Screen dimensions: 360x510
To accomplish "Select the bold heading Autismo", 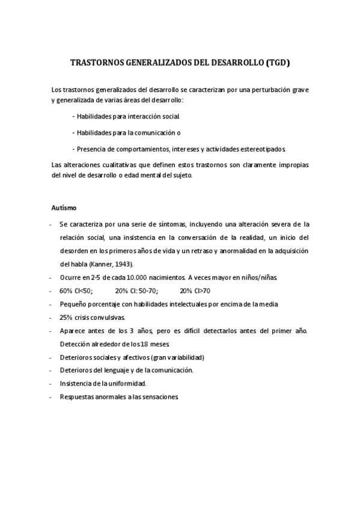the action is (x=64, y=207).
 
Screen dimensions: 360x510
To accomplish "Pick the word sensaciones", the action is (x=157, y=397).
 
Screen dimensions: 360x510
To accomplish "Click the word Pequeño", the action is (x=73, y=304).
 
